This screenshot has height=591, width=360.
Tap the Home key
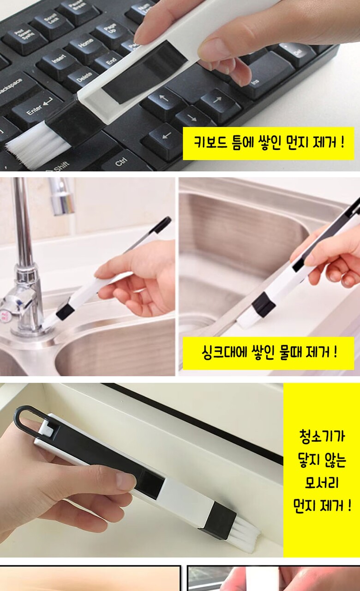click(x=85, y=45)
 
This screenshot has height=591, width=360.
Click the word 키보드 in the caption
click(x=210, y=143)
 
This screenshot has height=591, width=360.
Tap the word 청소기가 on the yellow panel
click(x=322, y=436)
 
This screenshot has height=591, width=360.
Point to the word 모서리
click(x=322, y=483)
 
